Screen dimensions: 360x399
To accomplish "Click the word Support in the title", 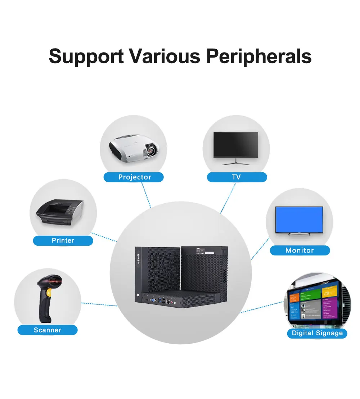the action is tap(86, 56).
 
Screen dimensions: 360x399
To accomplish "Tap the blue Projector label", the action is tap(134, 177).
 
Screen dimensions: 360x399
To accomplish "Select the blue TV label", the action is tap(237, 177).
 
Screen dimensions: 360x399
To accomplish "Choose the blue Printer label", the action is tap(63, 240).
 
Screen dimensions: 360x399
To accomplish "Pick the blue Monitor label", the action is tap(300, 250).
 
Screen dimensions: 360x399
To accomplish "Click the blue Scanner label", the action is tap(48, 330).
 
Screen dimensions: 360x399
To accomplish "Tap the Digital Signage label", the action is tap(317, 333).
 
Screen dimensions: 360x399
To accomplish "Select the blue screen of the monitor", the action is tap(299, 219).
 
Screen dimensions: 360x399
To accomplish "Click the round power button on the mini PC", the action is tap(138, 295).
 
